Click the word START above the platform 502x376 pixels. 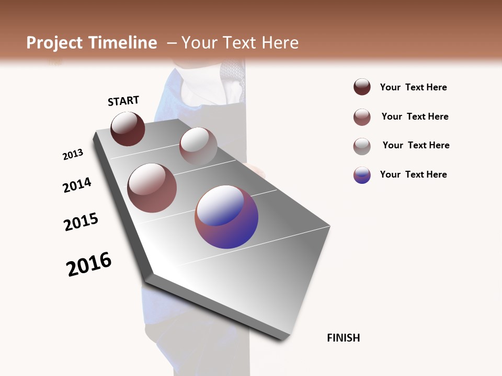[x=123, y=101]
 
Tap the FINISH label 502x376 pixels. [x=344, y=338]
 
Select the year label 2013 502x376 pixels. [x=73, y=155]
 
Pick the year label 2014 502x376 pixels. [x=77, y=185]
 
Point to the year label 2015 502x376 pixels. [x=81, y=222]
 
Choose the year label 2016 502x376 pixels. [x=89, y=264]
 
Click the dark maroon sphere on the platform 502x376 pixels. [x=128, y=128]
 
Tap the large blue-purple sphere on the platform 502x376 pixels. [x=226, y=217]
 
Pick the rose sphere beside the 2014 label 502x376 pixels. [x=152, y=188]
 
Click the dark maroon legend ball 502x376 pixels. [x=362, y=87]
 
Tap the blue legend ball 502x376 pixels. [x=362, y=175]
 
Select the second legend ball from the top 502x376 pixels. [x=362, y=117]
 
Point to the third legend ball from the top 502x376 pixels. [x=362, y=146]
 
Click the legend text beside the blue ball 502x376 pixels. [x=413, y=174]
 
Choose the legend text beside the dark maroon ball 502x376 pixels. [x=413, y=87]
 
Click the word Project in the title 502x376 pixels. [x=54, y=43]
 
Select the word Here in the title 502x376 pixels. [x=280, y=43]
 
